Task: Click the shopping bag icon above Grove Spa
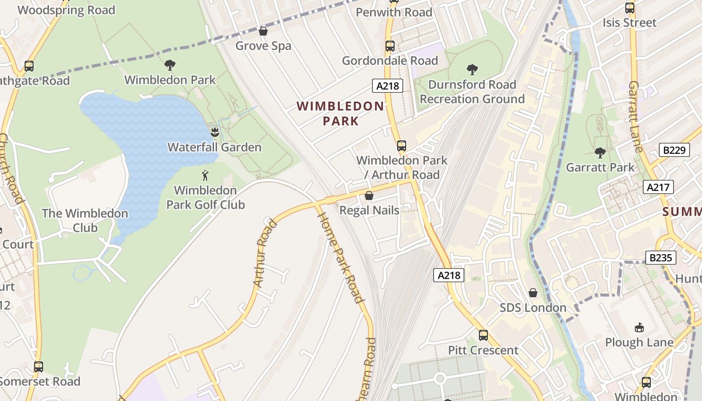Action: click(263, 31)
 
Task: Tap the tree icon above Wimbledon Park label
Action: click(170, 65)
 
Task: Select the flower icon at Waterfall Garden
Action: click(215, 132)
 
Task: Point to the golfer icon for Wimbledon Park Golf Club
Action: click(205, 175)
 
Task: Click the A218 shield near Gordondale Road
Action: click(388, 86)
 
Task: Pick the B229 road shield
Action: click(673, 149)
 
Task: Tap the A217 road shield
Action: click(658, 187)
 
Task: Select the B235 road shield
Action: click(660, 258)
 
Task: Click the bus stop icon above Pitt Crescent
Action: click(483, 335)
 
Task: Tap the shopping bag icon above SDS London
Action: click(533, 292)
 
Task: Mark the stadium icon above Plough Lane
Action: click(639, 327)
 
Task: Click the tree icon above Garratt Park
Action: click(600, 152)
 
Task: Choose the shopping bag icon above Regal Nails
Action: click(369, 195)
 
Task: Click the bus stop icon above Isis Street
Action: click(629, 8)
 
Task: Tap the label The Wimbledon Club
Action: click(85, 220)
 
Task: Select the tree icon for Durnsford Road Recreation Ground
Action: click(472, 69)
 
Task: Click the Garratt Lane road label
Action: click(635, 116)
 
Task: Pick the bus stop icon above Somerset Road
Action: click(39, 366)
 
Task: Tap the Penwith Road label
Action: click(394, 12)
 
